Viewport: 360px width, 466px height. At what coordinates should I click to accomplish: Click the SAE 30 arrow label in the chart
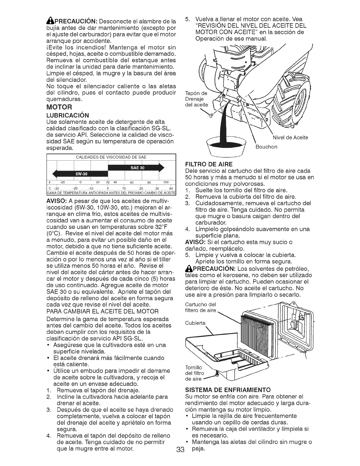point(137,167)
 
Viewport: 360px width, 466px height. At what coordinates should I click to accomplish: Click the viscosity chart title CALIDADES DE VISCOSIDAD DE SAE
point(111,157)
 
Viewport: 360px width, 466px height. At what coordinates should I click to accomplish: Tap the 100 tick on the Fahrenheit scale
point(166,182)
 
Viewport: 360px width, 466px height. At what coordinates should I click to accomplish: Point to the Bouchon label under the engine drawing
point(266,147)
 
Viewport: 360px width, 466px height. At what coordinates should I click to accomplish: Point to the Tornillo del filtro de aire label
point(194,373)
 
